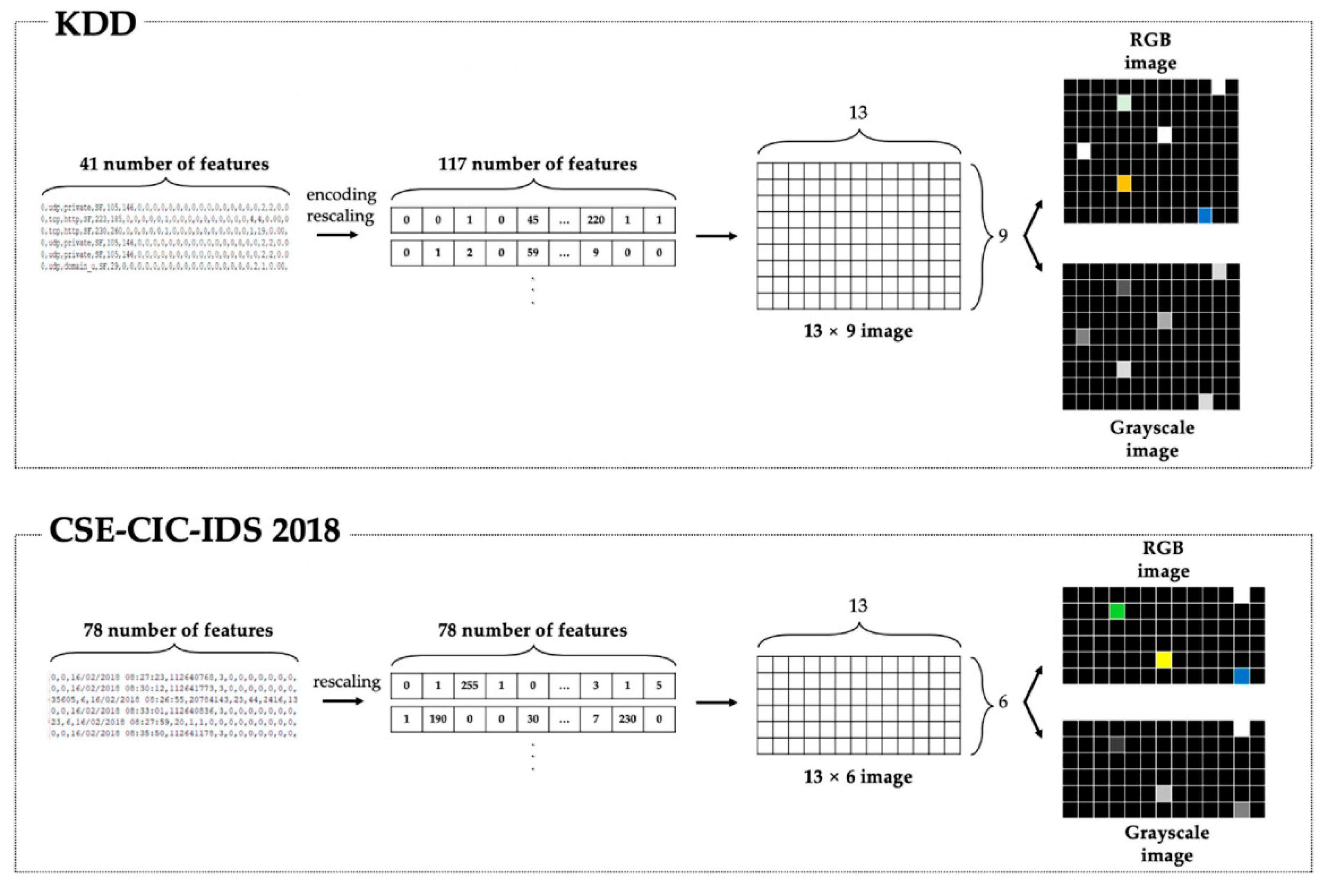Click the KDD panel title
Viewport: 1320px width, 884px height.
coord(95,24)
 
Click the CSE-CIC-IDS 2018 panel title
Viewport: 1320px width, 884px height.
coord(194,530)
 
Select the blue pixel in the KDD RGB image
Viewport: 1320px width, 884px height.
coord(1205,215)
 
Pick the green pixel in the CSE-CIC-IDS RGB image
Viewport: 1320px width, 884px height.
coord(1117,611)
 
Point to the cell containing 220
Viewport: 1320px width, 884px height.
coord(596,220)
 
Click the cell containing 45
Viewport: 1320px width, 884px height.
coord(532,220)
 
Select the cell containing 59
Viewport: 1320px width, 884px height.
coord(532,253)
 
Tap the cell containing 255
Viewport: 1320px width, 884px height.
coord(469,686)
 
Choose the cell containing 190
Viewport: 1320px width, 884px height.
coord(438,719)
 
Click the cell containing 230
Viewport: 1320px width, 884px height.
coord(627,719)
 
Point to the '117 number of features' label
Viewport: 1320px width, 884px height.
coord(537,164)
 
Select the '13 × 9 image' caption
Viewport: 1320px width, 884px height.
coord(857,331)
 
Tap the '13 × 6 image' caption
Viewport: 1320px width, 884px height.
coord(857,777)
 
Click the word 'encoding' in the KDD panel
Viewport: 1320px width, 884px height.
coord(341,194)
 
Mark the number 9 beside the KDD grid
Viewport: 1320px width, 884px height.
coord(1002,236)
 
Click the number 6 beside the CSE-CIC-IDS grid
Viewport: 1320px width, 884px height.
coord(1002,702)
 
